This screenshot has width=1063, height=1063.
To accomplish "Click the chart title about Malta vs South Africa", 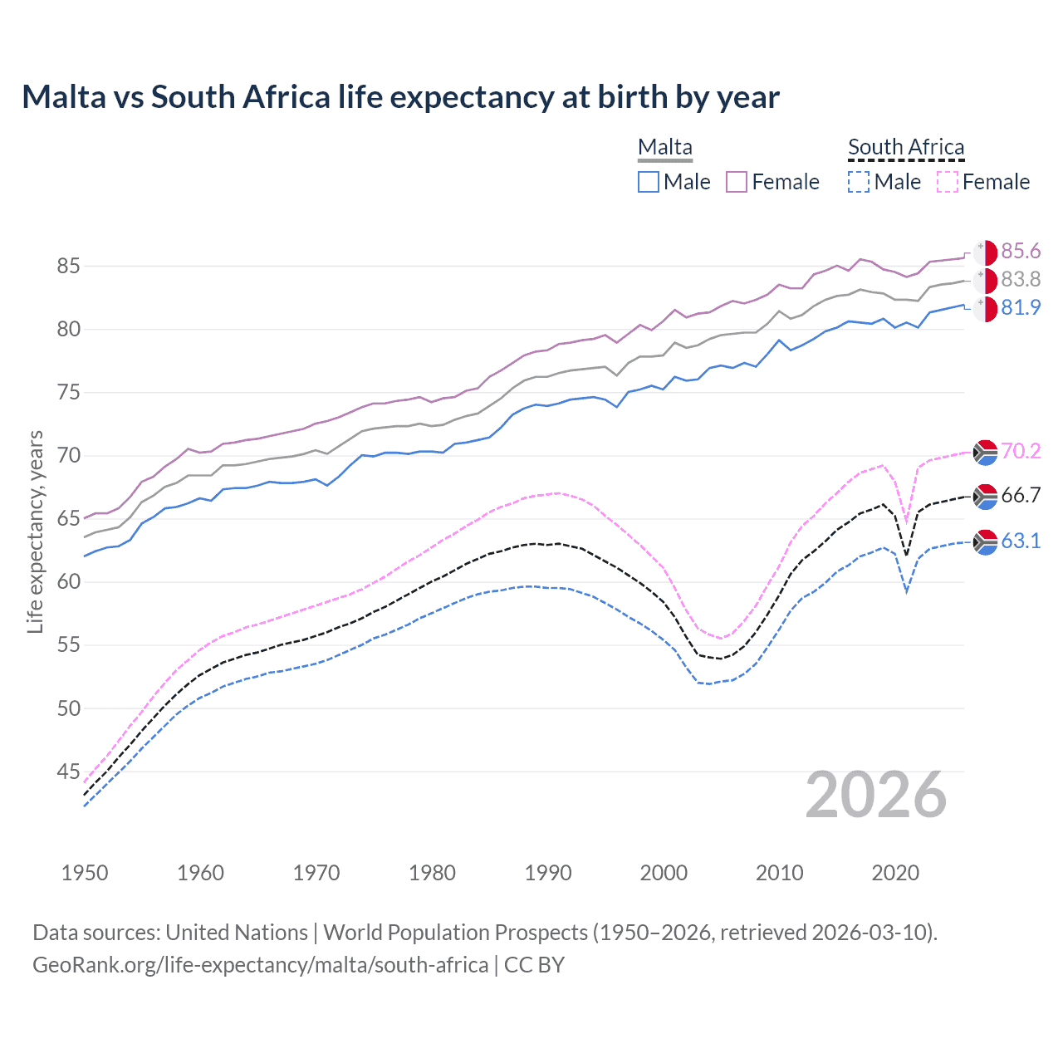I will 400,97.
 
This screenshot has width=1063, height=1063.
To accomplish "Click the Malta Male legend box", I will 649,182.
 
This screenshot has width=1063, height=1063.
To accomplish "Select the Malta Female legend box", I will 737,182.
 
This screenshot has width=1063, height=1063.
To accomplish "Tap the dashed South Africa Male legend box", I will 859,182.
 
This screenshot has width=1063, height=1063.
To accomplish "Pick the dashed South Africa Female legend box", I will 948,182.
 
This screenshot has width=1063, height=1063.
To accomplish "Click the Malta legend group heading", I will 664,147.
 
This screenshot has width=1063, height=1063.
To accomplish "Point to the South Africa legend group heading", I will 906,147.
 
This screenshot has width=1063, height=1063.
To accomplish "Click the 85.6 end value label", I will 1021,252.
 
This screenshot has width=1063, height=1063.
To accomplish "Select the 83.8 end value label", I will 1021,280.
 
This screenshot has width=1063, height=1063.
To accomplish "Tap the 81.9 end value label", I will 1021,308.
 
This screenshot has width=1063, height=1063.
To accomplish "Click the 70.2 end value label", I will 1021,452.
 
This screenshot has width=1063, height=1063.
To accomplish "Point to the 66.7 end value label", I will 1021,496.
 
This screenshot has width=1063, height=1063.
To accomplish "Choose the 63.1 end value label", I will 1021,541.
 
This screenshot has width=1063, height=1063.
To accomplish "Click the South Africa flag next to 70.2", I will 985,452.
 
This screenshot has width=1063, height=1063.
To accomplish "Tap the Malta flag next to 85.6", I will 985,252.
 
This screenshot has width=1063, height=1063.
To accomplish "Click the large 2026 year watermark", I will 876,796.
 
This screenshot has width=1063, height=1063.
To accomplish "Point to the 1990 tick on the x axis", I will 548,873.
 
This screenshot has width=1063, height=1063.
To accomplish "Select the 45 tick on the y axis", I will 68,772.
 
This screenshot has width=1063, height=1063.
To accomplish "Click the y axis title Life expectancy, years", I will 35,531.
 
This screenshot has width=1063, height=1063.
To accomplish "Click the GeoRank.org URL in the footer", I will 260,965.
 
